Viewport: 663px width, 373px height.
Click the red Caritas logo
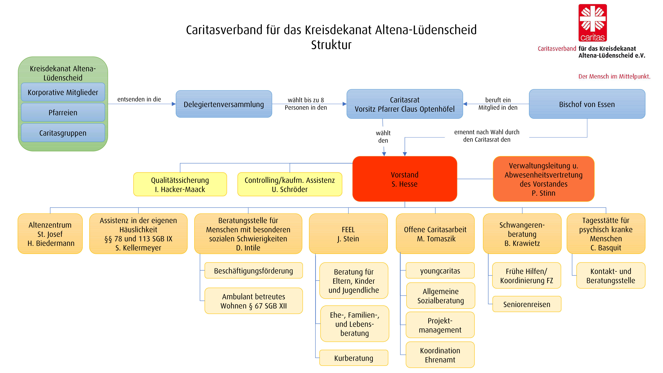[593, 23]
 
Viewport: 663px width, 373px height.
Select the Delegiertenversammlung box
[224, 104]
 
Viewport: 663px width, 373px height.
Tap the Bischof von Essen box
[587, 104]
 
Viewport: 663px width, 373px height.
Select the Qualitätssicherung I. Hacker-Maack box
[180, 184]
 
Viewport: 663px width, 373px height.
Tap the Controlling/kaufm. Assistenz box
[290, 184]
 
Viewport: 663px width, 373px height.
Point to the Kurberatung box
[354, 358]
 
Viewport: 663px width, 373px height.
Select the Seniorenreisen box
[527, 304]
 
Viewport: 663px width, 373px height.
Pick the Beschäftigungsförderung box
[253, 271]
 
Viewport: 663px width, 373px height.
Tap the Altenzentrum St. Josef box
[50, 234]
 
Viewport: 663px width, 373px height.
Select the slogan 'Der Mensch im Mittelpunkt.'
[614, 76]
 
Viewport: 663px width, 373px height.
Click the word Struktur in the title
[331, 45]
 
